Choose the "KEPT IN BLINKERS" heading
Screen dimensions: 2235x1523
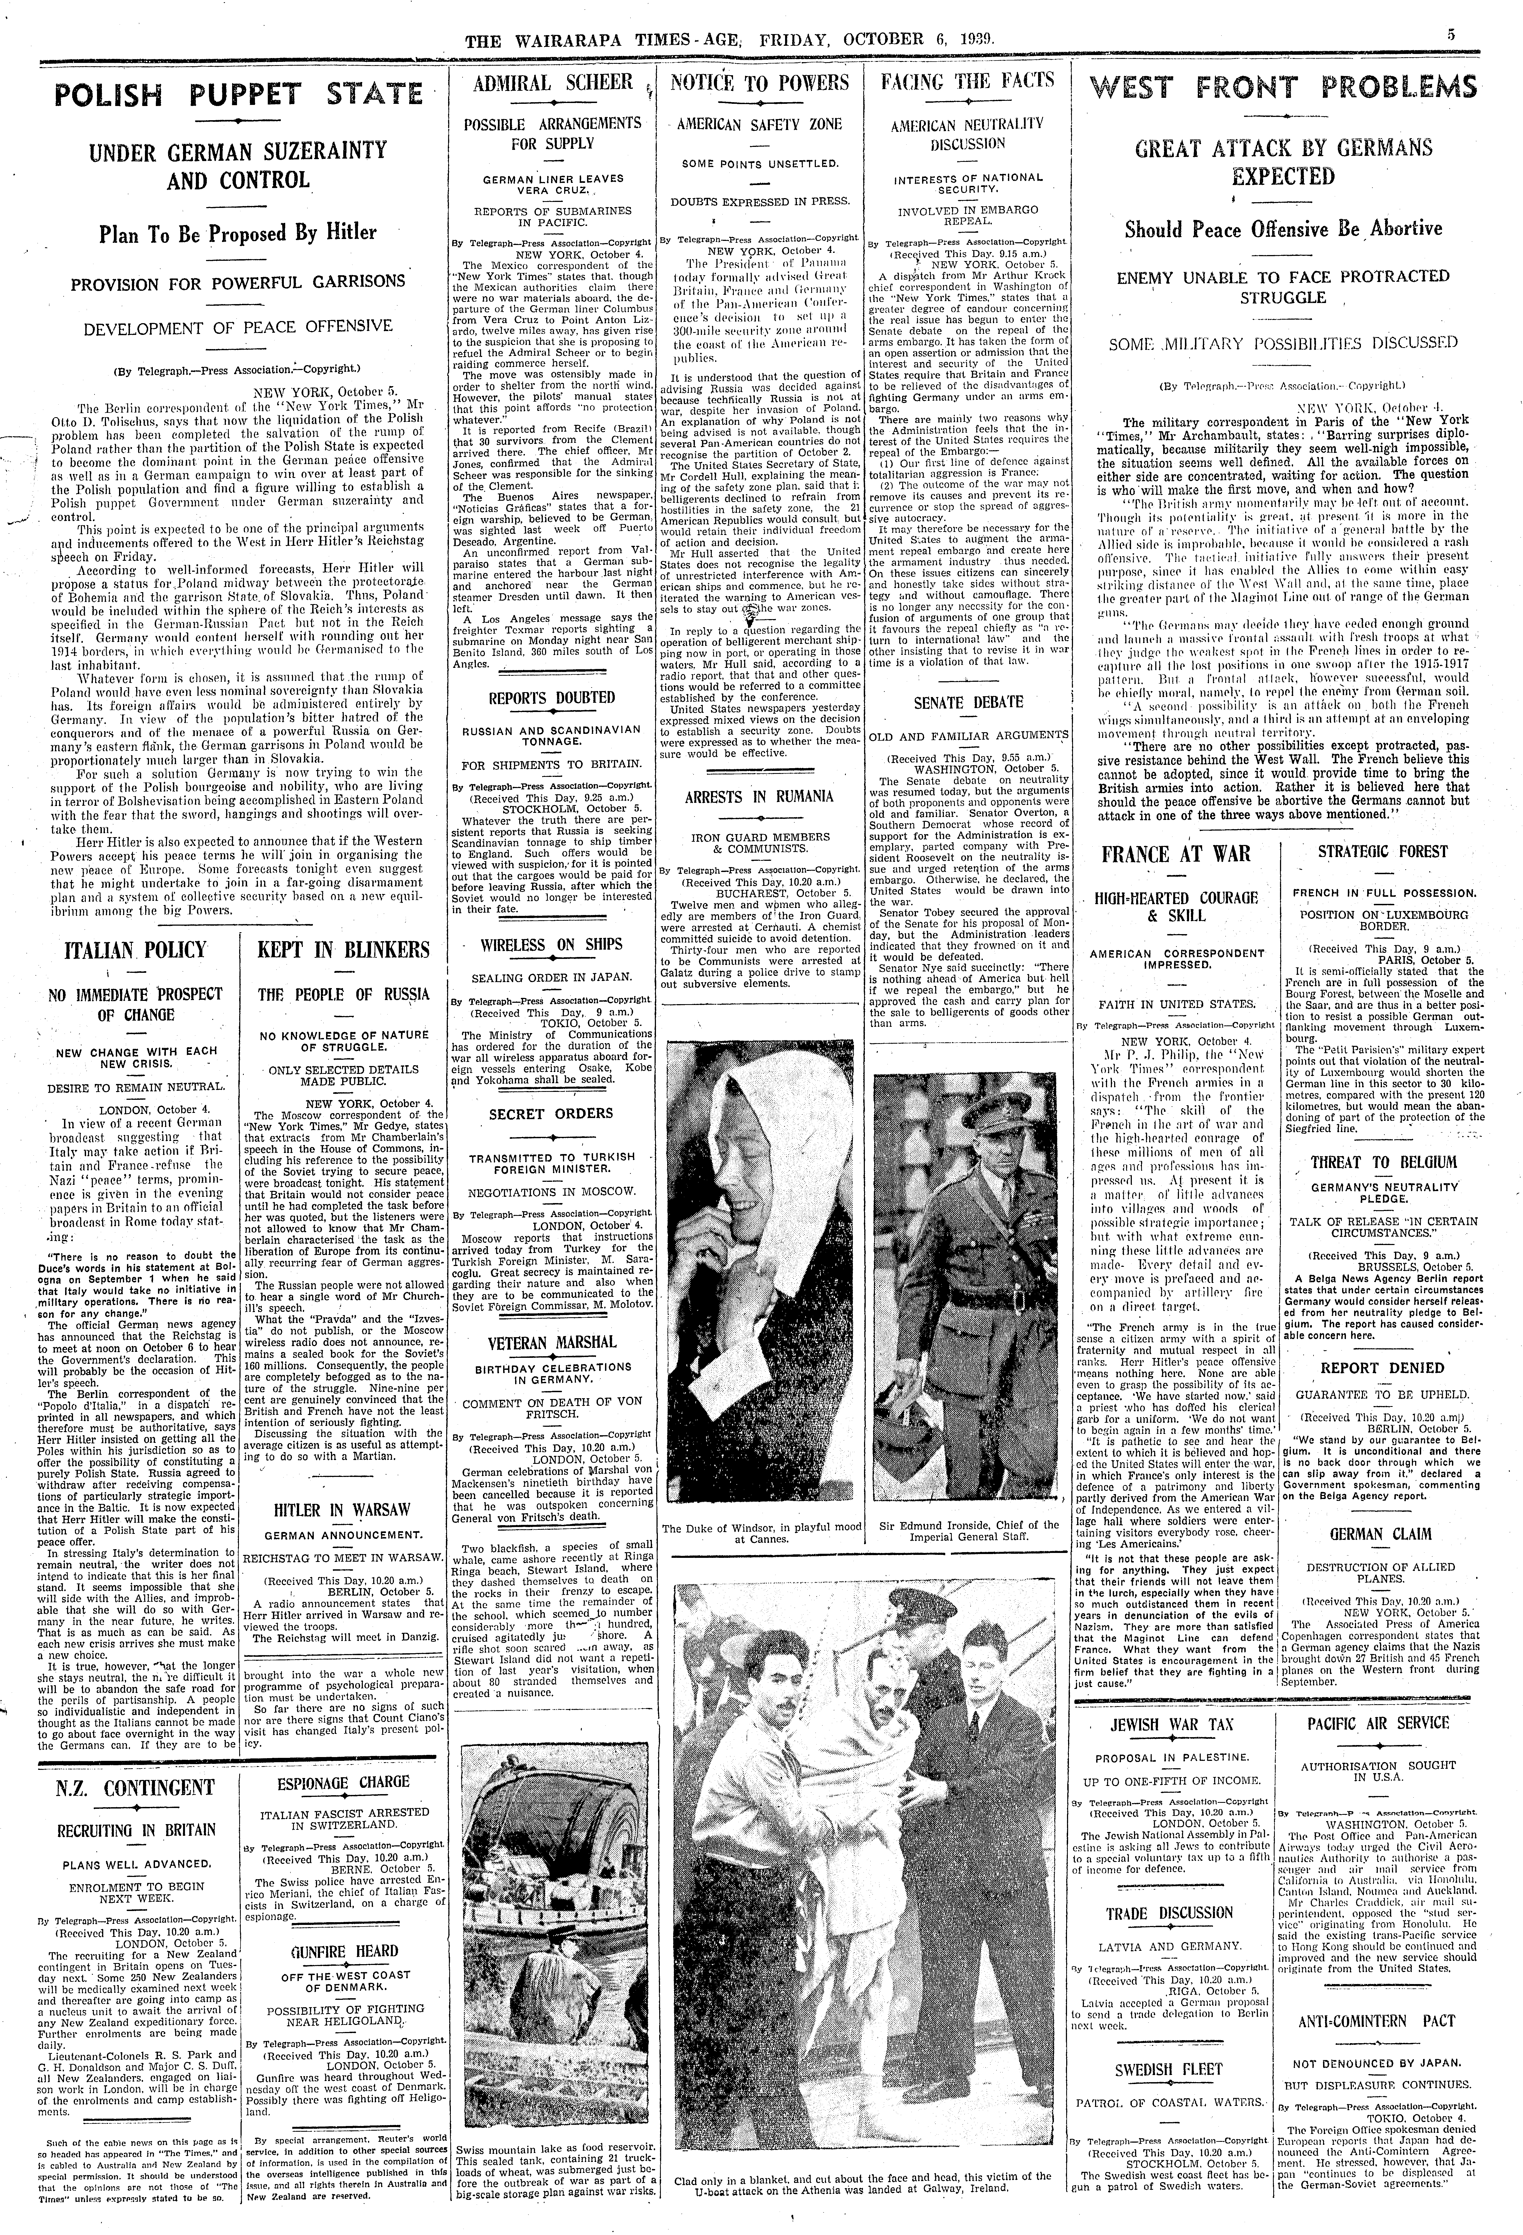(343, 950)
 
